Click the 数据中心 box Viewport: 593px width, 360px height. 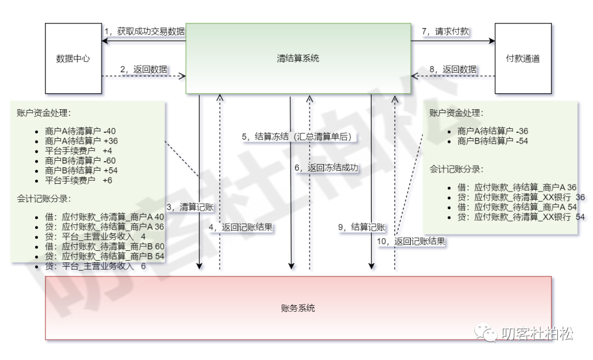(72, 58)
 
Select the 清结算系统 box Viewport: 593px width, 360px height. (298, 58)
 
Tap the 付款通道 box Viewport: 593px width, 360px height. (522, 58)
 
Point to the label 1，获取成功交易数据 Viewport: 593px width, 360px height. (144, 31)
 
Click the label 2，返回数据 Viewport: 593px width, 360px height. (144, 70)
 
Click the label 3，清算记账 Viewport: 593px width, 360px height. (189, 207)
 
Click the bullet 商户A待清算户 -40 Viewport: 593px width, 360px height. (80, 131)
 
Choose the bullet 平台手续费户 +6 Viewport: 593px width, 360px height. (79, 180)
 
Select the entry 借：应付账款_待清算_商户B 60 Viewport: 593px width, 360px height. (104, 246)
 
